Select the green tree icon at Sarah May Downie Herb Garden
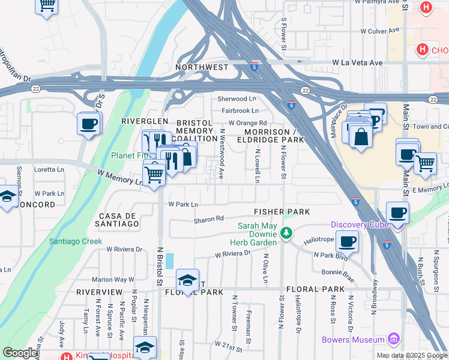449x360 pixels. click(x=287, y=232)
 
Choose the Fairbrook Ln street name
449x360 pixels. click(x=240, y=110)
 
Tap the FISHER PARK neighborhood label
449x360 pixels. click(x=282, y=212)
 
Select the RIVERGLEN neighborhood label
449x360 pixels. click(x=144, y=121)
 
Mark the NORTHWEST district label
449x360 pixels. click(x=202, y=68)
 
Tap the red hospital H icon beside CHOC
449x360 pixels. click(x=422, y=49)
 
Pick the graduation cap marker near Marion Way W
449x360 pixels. click(x=188, y=280)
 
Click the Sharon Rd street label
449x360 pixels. click(x=208, y=220)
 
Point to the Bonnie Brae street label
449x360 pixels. click(x=337, y=272)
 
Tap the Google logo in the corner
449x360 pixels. click(x=20, y=353)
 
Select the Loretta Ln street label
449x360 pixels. click(x=49, y=170)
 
